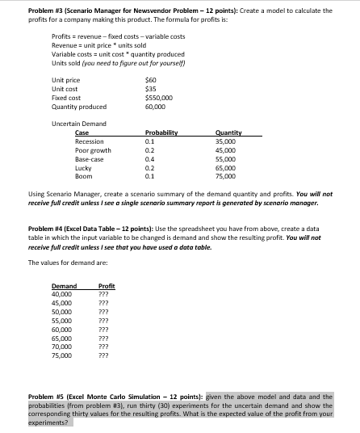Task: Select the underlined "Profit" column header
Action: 106,286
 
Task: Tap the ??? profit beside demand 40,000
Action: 103,294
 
